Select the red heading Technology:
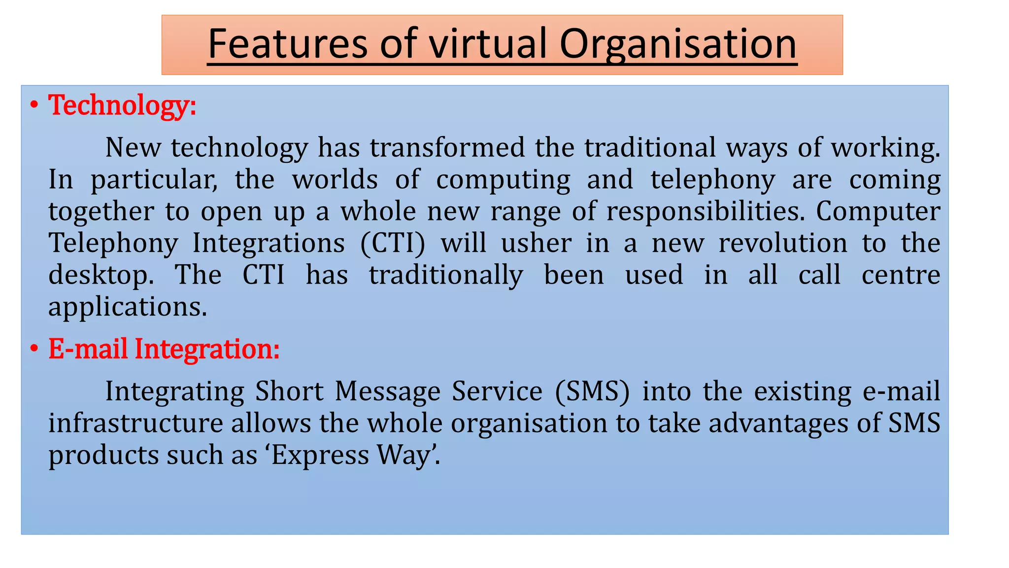pyautogui.click(x=122, y=106)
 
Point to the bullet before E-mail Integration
pyautogui.click(x=34, y=349)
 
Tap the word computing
pyautogui.click(x=503, y=179)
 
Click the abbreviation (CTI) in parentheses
pyautogui.click(x=393, y=244)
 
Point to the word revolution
pyautogui.click(x=783, y=244)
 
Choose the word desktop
pyautogui.click(x=101, y=275)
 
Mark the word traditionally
pyautogui.click(x=446, y=275)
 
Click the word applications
pyautogui.click(x=128, y=307)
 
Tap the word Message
pyautogui.click(x=388, y=391)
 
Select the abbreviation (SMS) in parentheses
pyautogui.click(x=592, y=391)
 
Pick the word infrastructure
pyautogui.click(x=135, y=424)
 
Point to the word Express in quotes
pyautogui.click(x=320, y=455)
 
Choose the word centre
pyautogui.click(x=901, y=275)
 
